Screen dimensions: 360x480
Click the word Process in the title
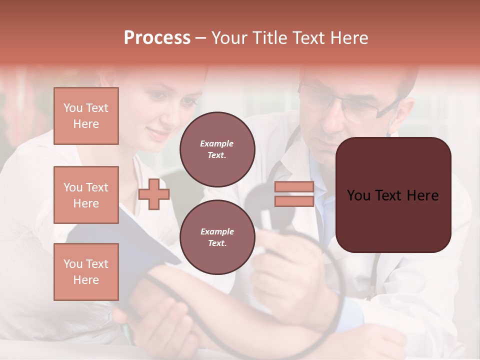coord(157,38)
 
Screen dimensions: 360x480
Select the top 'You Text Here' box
coord(86,116)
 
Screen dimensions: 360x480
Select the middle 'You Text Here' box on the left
coord(86,195)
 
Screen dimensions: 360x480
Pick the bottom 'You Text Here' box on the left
coord(86,272)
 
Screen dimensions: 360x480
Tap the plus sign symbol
coord(154,194)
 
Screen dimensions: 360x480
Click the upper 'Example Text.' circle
coord(217,149)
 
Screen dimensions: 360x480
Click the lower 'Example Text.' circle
coord(217,237)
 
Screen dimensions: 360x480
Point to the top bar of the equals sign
coord(294,187)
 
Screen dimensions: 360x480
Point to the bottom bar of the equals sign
coord(294,201)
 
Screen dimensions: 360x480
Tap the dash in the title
coord(200,38)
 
